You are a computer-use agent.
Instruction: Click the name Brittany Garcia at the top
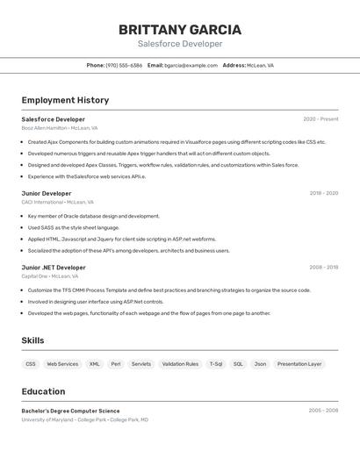click(180, 30)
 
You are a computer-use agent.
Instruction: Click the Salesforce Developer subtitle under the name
click(180, 44)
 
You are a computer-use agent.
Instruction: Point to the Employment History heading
click(65, 100)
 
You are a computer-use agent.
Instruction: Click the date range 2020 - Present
click(320, 119)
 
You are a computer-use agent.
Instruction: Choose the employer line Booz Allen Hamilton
click(60, 128)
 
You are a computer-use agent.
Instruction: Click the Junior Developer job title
click(47, 193)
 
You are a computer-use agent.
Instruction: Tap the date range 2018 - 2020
click(323, 193)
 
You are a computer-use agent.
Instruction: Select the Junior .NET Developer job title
click(54, 268)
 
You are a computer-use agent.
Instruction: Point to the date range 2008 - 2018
click(323, 268)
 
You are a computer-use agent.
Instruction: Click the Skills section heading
click(33, 340)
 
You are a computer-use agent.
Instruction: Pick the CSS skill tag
click(31, 363)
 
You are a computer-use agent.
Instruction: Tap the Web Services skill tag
click(62, 363)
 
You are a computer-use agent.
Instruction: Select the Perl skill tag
click(116, 363)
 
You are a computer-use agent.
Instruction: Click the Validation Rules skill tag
click(180, 363)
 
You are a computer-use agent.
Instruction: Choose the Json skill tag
click(260, 363)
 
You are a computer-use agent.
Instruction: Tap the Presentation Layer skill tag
click(299, 363)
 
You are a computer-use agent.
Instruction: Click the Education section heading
click(43, 391)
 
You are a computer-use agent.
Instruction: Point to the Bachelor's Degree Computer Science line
click(70, 411)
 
